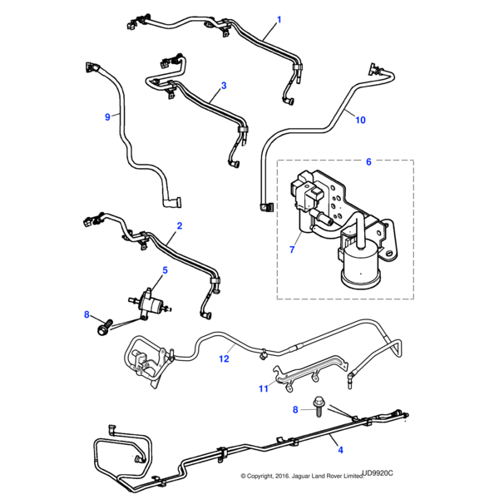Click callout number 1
(279, 18)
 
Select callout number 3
(223, 85)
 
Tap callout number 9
(107, 117)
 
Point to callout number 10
(360, 120)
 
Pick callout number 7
(291, 249)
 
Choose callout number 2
(180, 225)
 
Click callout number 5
(164, 270)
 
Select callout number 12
(223, 359)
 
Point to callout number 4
(339, 451)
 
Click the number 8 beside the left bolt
(86, 314)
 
